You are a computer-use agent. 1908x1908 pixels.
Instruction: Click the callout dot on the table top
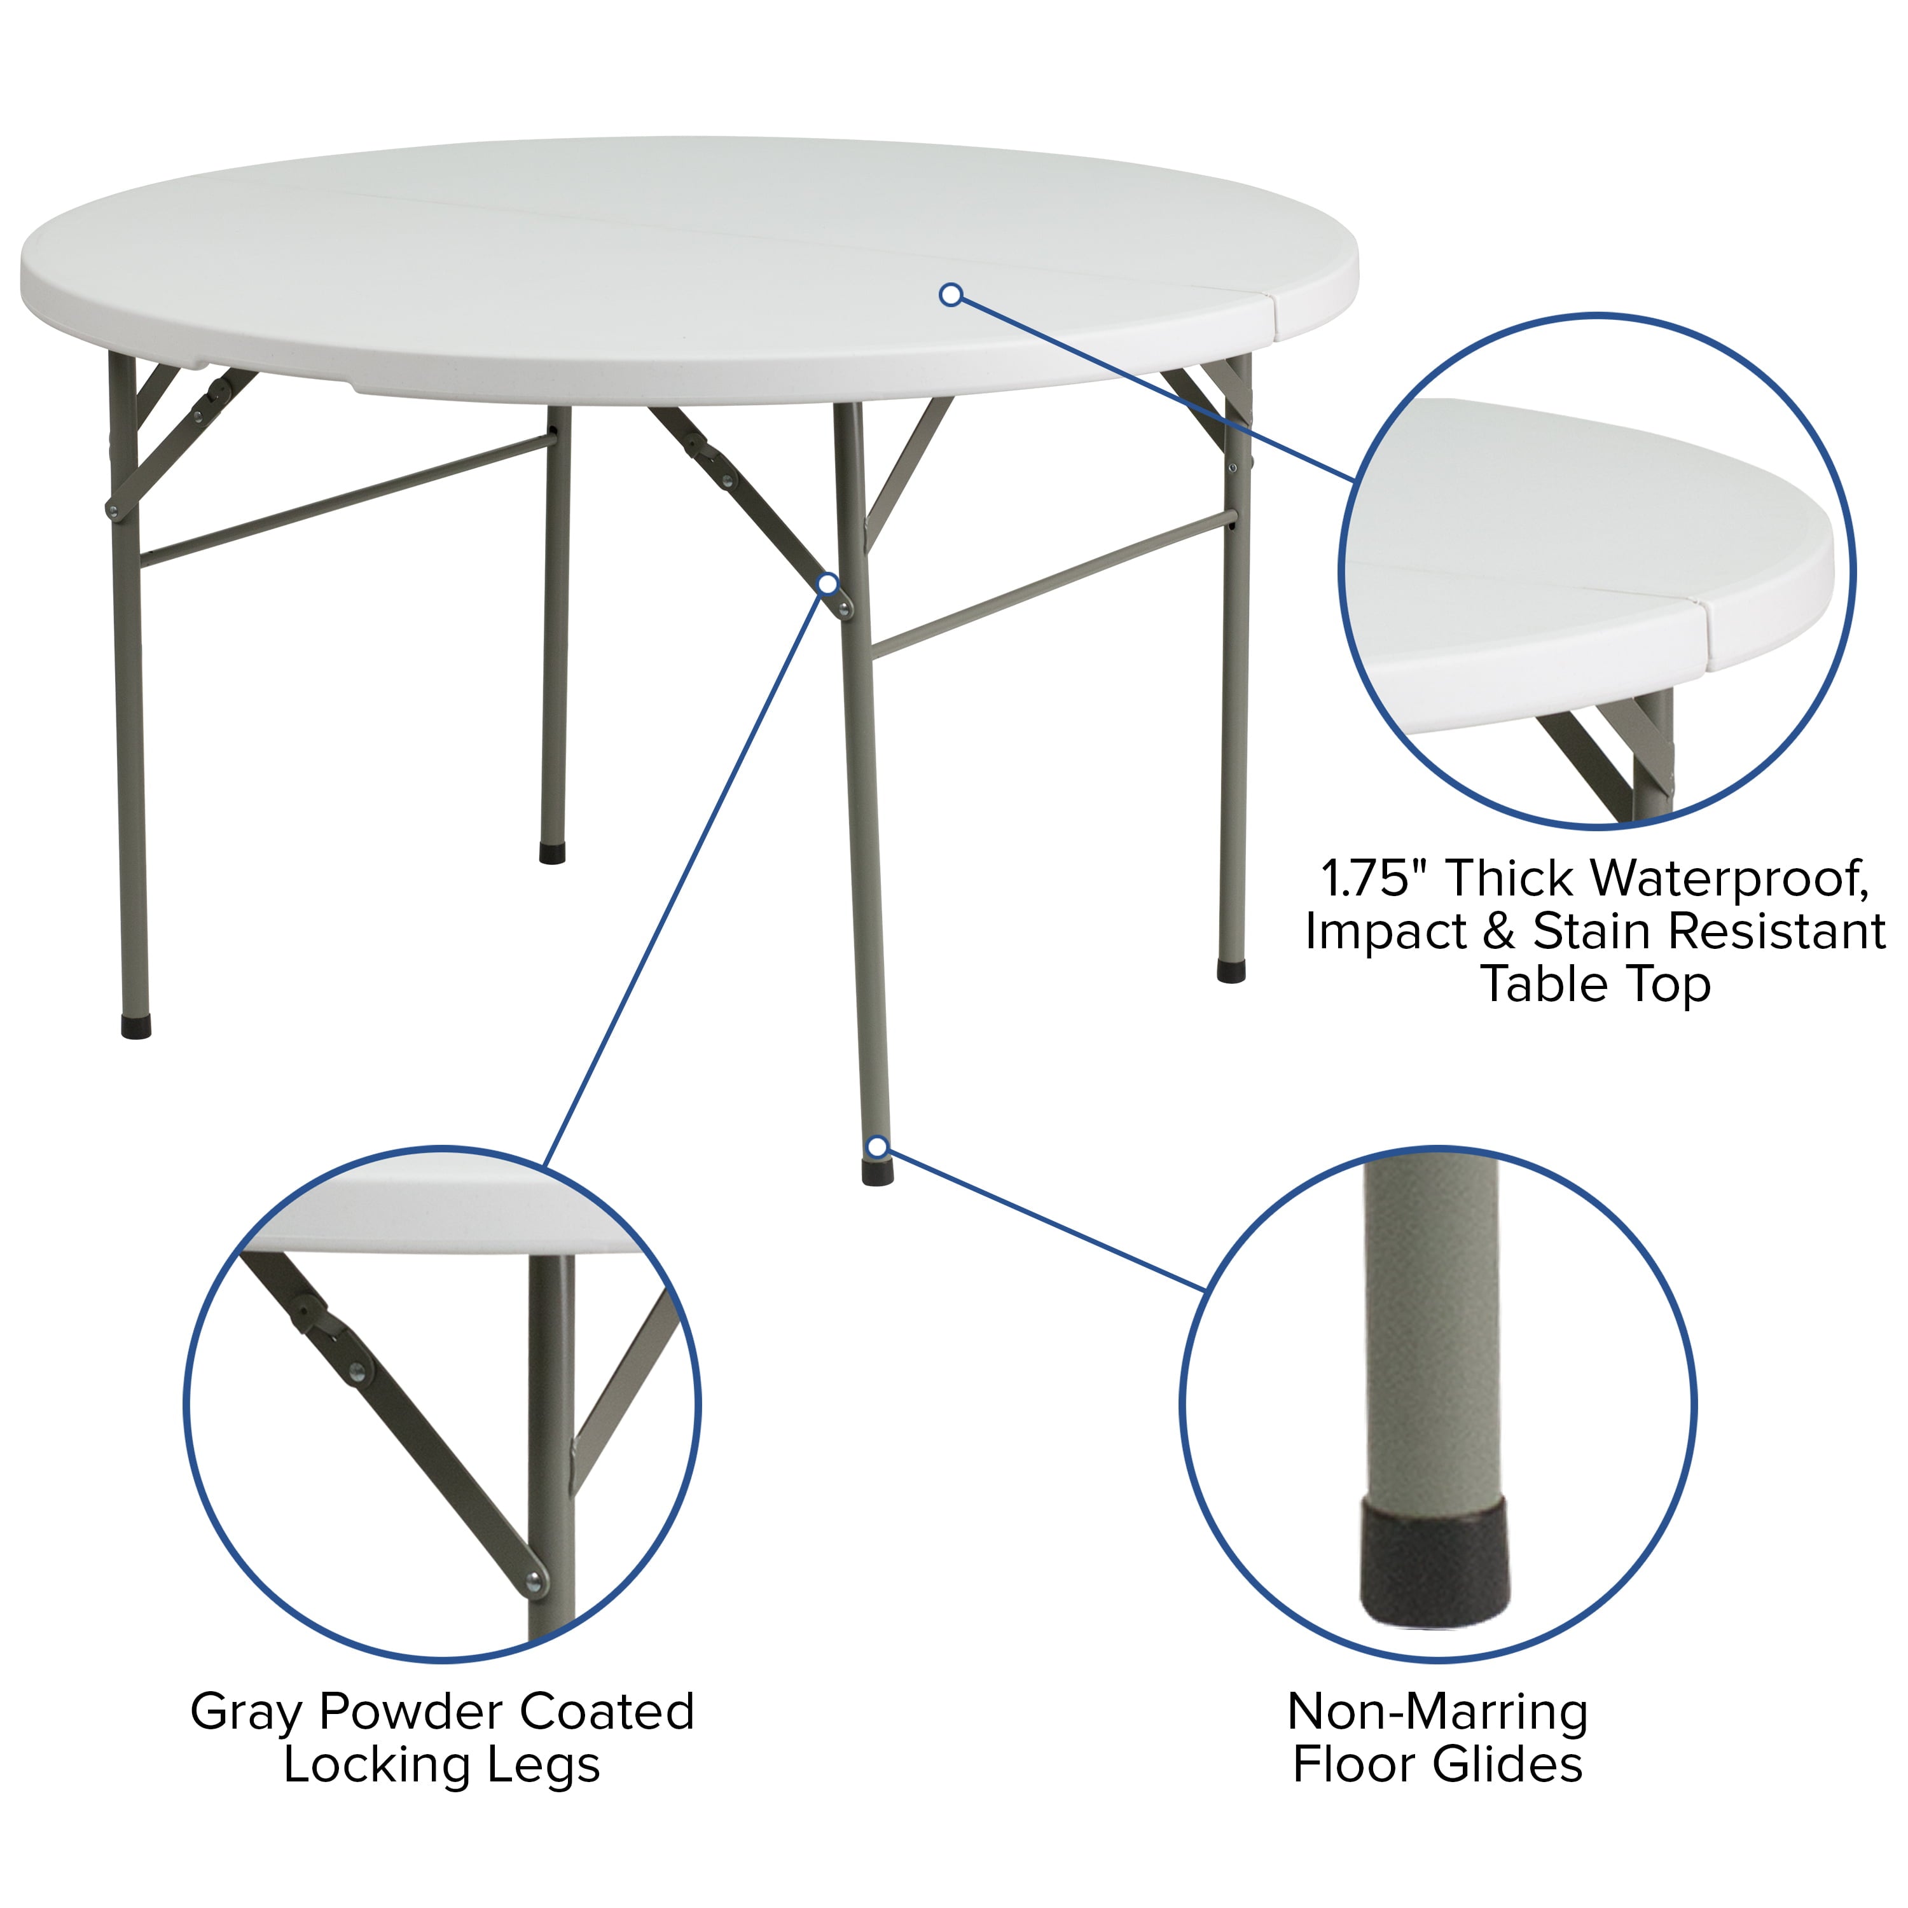[951, 294]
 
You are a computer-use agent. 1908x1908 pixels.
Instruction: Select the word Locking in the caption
[375, 1765]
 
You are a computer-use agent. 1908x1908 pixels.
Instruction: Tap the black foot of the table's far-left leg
[136, 1027]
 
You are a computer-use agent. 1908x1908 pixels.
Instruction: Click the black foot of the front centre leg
[877, 1172]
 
